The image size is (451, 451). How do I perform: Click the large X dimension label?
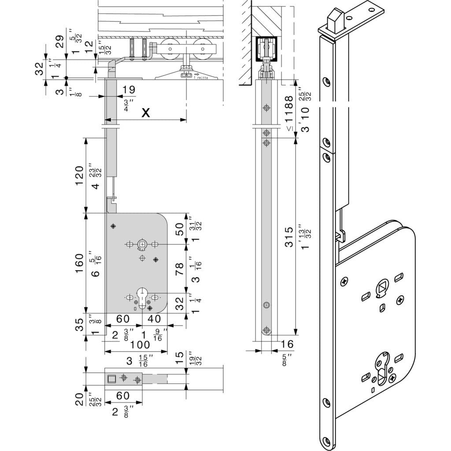point(146,113)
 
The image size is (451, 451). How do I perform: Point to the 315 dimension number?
point(289,238)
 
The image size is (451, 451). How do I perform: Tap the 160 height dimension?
point(79,263)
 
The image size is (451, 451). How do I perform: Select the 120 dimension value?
point(79,176)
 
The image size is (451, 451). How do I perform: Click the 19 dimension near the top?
point(129,89)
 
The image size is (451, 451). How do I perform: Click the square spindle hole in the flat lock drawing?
point(142,244)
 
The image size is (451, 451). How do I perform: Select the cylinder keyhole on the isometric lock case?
point(381,364)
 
